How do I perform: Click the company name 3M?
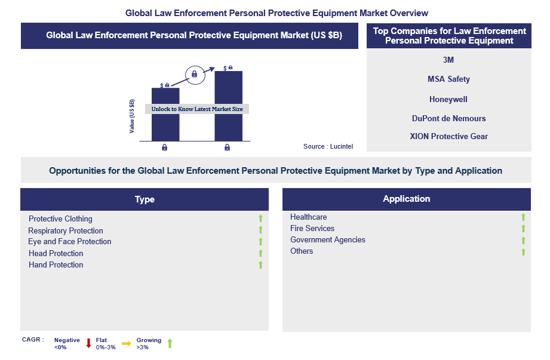click(x=448, y=60)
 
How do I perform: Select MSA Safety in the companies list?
click(x=448, y=79)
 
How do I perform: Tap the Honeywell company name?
click(x=448, y=99)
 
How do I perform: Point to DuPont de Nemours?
click(x=448, y=118)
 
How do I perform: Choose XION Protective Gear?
click(x=448, y=136)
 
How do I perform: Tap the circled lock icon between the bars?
click(x=195, y=75)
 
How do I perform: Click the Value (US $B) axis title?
click(x=132, y=116)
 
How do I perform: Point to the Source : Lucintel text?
click(x=328, y=146)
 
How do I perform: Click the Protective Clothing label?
click(x=60, y=219)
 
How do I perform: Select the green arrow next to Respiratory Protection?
click(x=260, y=230)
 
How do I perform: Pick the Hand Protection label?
click(x=56, y=264)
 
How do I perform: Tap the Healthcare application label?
click(x=308, y=217)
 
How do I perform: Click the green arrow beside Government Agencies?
click(x=523, y=240)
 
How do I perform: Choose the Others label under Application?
click(x=302, y=251)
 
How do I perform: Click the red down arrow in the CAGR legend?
click(x=89, y=343)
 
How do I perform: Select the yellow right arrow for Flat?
click(x=126, y=343)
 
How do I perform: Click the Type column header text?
click(x=145, y=199)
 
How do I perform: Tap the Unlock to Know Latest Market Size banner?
click(x=197, y=109)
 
